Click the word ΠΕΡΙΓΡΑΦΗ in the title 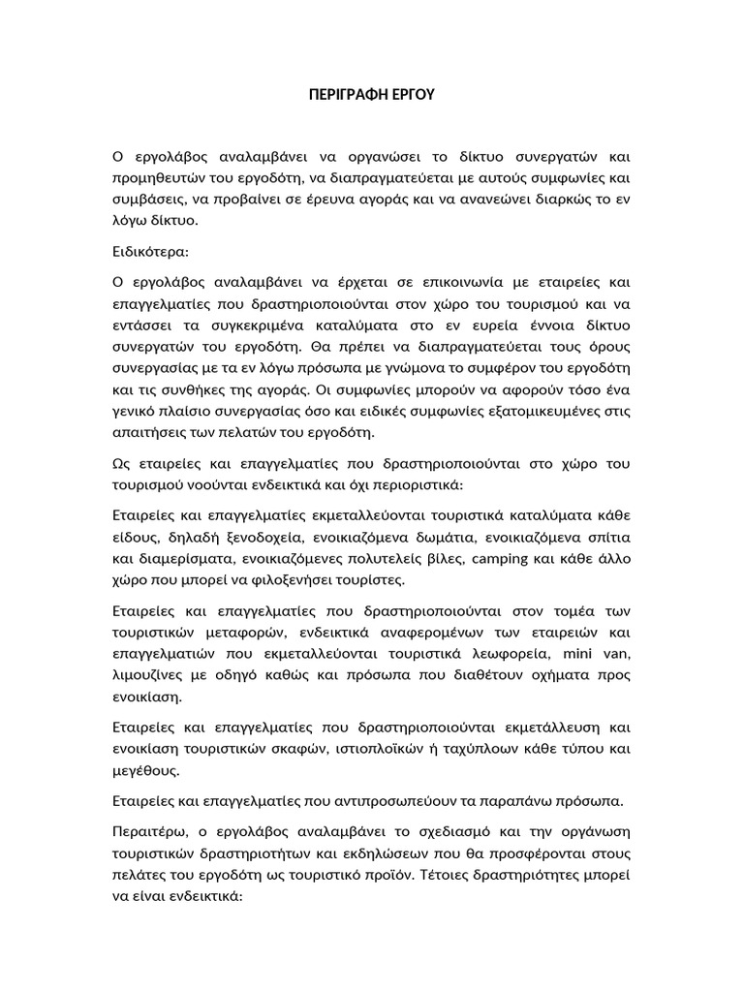338,96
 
